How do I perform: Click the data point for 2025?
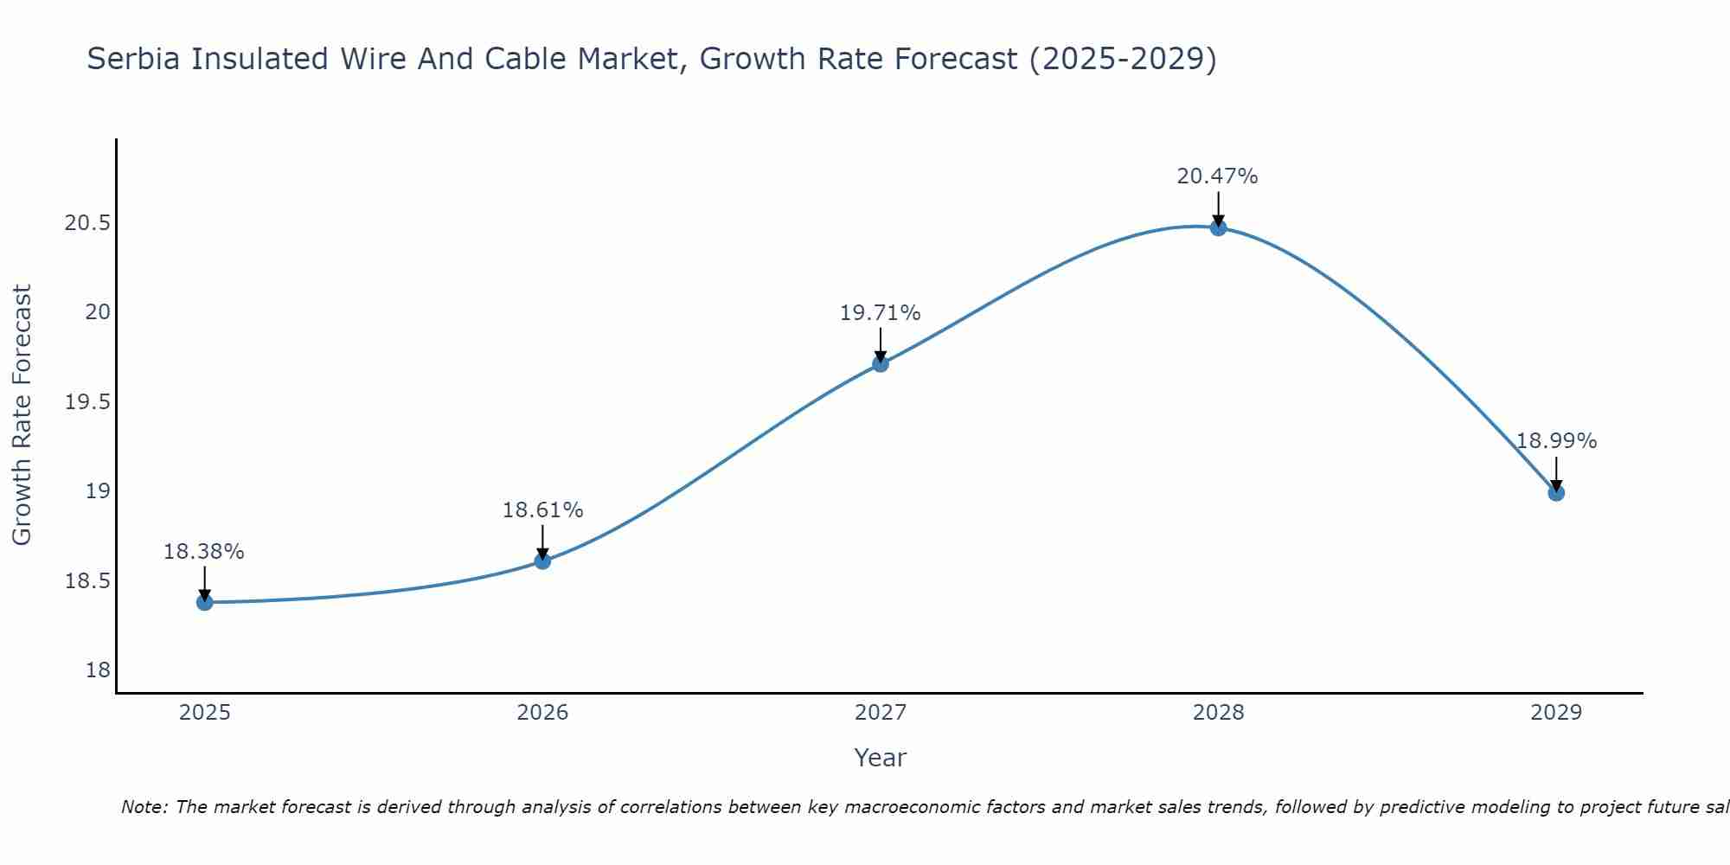pyautogui.click(x=205, y=602)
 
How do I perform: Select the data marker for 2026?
pyautogui.click(x=542, y=561)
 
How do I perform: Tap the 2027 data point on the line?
pyautogui.click(x=881, y=363)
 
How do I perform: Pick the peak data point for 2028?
pyautogui.click(x=1218, y=227)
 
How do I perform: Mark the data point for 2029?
pyautogui.click(x=1556, y=492)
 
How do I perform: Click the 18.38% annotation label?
pyautogui.click(x=204, y=552)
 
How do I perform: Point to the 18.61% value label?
pyautogui.click(x=542, y=510)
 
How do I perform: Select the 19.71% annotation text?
pyautogui.click(x=881, y=313)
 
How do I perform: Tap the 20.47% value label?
pyautogui.click(x=1218, y=176)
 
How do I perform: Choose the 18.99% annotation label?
pyautogui.click(x=1556, y=441)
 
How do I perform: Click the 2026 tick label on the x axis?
pyautogui.click(x=542, y=713)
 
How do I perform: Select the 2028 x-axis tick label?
pyautogui.click(x=1218, y=713)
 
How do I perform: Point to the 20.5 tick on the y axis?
pyautogui.click(x=87, y=223)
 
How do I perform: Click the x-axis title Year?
pyautogui.click(x=881, y=758)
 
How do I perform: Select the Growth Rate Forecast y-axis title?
pyautogui.click(x=22, y=415)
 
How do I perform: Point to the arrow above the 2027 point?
pyautogui.click(x=881, y=344)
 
